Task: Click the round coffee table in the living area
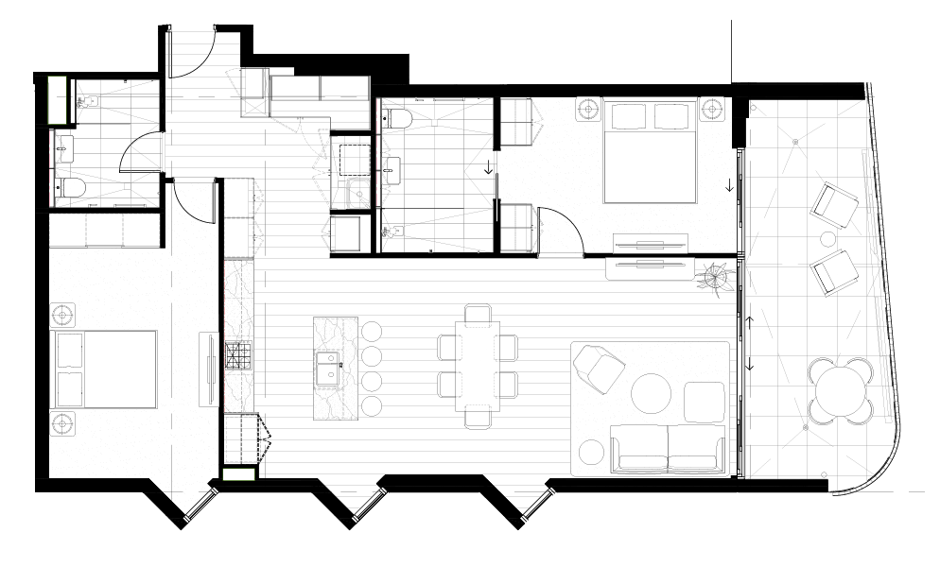click(x=652, y=394)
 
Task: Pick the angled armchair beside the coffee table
click(x=598, y=369)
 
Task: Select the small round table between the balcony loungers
click(x=829, y=238)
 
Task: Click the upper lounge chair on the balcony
click(x=836, y=205)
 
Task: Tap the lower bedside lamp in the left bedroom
click(x=63, y=422)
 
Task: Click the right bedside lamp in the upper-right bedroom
click(x=713, y=109)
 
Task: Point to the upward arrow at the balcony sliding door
click(x=749, y=323)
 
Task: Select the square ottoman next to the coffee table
click(x=701, y=402)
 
